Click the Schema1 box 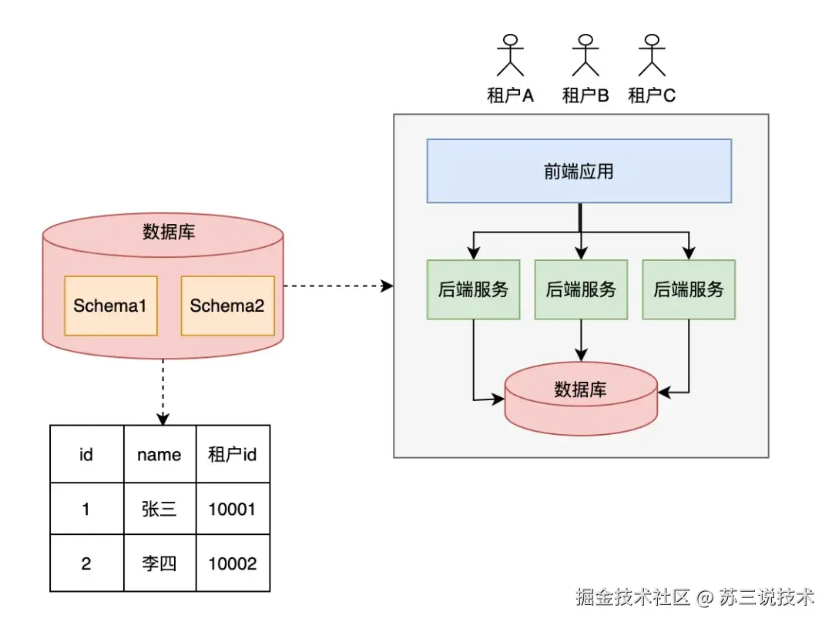111,306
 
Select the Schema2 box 227,306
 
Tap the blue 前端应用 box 579,171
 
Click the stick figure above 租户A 511,55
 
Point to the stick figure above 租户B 585,55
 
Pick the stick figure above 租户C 652,55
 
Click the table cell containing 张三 159,508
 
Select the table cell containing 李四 159,563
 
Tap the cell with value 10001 233,508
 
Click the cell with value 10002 233,563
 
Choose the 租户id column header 233,454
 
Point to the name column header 159,454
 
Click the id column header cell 87,454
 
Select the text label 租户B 585,95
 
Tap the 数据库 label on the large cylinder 169,232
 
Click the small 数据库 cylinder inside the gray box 581,399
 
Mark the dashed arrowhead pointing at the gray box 387,286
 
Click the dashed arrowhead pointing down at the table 163,419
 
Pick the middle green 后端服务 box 581,289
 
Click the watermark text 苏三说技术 767,597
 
